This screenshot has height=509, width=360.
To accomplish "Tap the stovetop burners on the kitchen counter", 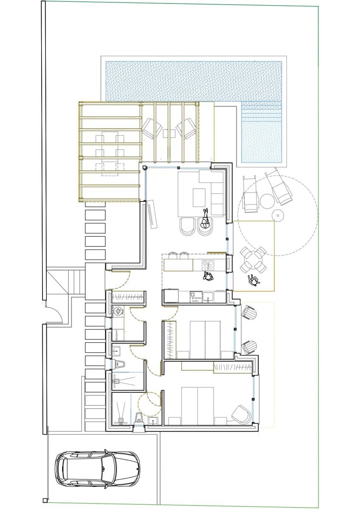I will click(x=208, y=266).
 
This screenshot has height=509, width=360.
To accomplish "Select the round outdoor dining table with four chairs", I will click(x=253, y=260).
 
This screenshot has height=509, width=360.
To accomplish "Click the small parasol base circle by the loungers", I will click(x=277, y=215).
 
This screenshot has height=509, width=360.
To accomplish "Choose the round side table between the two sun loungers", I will click(x=266, y=201).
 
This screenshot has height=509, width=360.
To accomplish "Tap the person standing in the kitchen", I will click(x=208, y=277).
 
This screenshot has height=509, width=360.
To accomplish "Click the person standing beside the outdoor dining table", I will click(x=253, y=280).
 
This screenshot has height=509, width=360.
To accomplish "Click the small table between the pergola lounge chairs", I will click(x=169, y=133).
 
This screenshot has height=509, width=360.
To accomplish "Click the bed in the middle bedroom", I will click(x=205, y=339).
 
